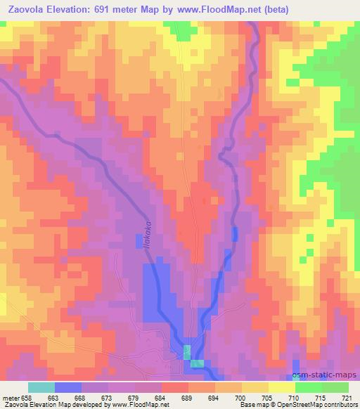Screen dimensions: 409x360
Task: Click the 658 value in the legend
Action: tap(27, 397)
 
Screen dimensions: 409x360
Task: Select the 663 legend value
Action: tap(54, 397)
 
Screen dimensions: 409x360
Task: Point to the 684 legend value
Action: tap(162, 397)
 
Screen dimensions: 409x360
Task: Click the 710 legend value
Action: tap(295, 397)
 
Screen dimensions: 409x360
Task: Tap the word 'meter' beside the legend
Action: tap(11, 397)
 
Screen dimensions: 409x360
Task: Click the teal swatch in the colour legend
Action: tap(41, 387)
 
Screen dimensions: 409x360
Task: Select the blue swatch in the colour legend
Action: tap(68, 387)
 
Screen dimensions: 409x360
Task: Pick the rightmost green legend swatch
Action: tap(335, 387)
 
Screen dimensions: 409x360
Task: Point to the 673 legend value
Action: tap(108, 397)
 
